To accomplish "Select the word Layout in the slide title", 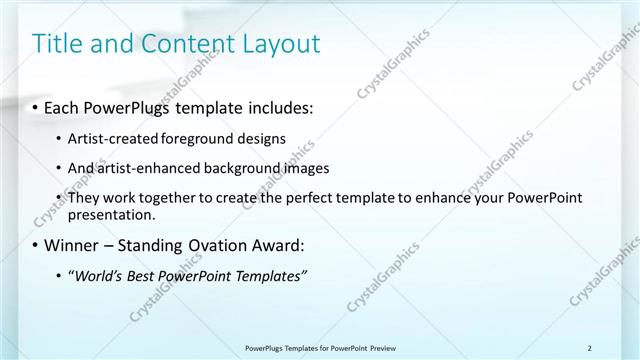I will [279, 44].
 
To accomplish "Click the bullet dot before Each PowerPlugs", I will [36, 106].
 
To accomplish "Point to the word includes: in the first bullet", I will [282, 106].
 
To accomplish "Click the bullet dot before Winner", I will [36, 244].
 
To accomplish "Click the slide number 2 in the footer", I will [589, 347].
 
